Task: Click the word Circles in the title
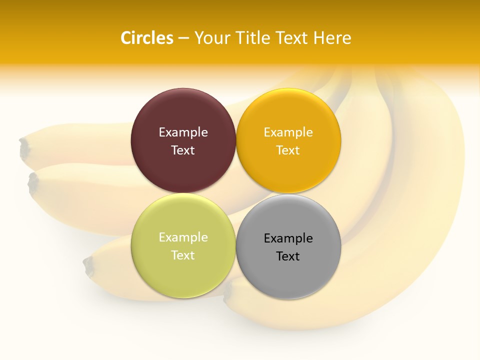pyautogui.click(x=147, y=38)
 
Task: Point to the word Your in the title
pyautogui.click(x=211, y=38)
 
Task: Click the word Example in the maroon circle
pyautogui.click(x=183, y=132)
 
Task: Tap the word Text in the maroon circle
pyautogui.click(x=183, y=150)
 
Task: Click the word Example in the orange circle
pyautogui.click(x=288, y=132)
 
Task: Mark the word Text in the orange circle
pyautogui.click(x=288, y=150)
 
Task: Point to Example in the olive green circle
pyautogui.click(x=183, y=237)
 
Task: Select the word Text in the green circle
pyautogui.click(x=183, y=255)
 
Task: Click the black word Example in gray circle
pyautogui.click(x=288, y=238)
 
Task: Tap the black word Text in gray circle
pyautogui.click(x=288, y=256)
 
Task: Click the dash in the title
pyautogui.click(x=183, y=38)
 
